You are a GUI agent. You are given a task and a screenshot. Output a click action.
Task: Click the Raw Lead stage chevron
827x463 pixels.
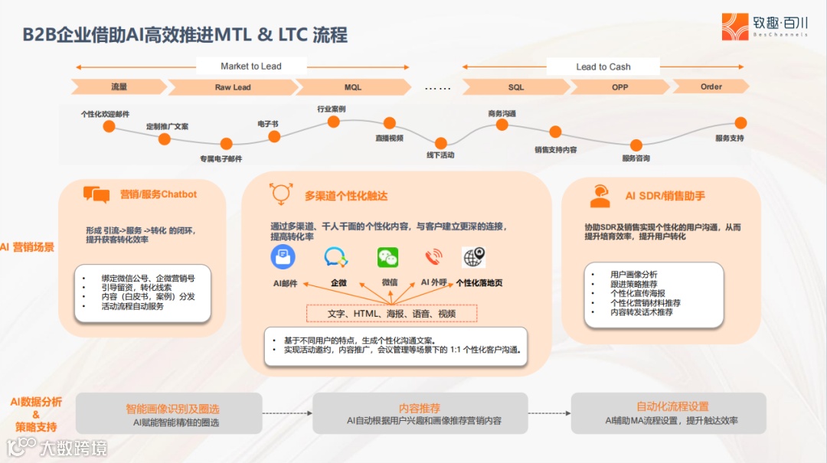pos(232,87)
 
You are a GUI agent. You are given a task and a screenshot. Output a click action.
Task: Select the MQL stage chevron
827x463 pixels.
pos(352,87)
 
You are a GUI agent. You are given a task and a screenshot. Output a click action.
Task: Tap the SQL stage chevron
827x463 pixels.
pos(516,87)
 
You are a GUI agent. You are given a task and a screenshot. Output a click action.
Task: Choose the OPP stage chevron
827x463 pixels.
pos(619,87)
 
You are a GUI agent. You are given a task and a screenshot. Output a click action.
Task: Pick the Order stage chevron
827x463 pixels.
pos(711,86)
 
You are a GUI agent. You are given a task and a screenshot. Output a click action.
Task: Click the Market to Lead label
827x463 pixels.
pos(250,67)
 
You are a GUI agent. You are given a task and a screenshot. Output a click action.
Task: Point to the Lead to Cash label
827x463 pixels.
pos(603,67)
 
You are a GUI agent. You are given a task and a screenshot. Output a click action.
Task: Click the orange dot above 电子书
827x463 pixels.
pos(274,136)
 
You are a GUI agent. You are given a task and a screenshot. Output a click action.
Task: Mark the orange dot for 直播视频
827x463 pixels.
pos(390,122)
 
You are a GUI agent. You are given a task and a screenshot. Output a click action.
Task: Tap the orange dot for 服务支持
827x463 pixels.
pos(740,122)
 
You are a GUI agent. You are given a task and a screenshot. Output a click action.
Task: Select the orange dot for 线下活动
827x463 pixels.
pos(441,142)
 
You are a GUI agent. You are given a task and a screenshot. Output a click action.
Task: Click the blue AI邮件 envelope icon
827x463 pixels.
pos(283,257)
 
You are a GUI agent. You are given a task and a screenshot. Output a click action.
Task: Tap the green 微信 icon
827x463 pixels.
pos(388,257)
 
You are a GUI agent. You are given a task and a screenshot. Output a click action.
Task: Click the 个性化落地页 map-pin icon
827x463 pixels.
pos(474,257)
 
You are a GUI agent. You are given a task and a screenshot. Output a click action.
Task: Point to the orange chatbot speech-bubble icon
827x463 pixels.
pos(96,195)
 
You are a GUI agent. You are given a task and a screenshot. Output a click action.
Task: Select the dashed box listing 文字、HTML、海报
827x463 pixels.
pos(391,313)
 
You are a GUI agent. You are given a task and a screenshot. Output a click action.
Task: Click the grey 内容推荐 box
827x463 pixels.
pos(420,413)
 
